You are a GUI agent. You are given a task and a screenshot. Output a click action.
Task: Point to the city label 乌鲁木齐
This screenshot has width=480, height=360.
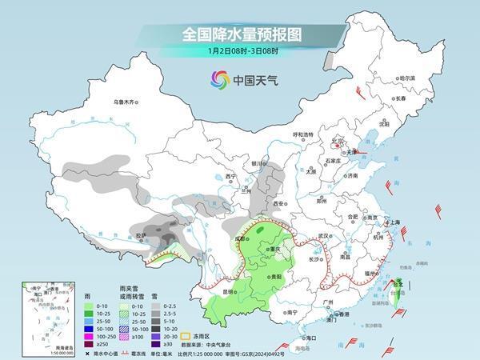(x=126, y=102)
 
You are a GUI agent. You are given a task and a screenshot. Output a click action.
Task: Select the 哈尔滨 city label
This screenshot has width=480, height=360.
(x=407, y=78)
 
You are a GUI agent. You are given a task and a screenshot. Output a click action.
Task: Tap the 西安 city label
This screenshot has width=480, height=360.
(x=279, y=205)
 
